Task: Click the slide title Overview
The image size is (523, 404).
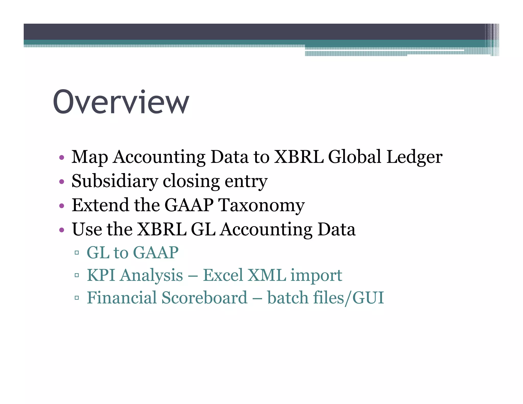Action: pyautogui.click(x=121, y=102)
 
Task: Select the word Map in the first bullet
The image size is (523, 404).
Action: pyautogui.click(x=89, y=157)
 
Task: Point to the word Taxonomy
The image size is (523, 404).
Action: pyautogui.click(x=261, y=205)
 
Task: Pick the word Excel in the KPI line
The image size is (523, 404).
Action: pyautogui.click(x=223, y=275)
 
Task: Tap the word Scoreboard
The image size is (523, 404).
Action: pyautogui.click(x=204, y=298)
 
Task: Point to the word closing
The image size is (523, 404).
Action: pyautogui.click(x=191, y=181)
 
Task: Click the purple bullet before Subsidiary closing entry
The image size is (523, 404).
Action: pyautogui.click(x=62, y=182)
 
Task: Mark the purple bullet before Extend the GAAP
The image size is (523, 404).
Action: pyautogui.click(x=62, y=206)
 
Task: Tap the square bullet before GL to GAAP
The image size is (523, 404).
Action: pyautogui.click(x=77, y=253)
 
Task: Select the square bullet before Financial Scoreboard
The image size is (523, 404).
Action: pyautogui.click(x=77, y=298)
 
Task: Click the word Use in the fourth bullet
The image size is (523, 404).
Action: pyautogui.click(x=87, y=229)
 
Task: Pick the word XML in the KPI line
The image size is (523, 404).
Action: pyautogui.click(x=267, y=275)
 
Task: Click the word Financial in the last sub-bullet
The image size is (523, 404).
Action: pyautogui.click(x=122, y=298)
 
